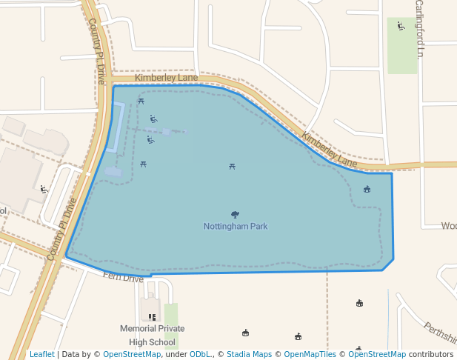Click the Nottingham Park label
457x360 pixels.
click(236, 227)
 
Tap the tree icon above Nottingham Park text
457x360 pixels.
click(236, 215)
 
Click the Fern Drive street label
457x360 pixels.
click(124, 278)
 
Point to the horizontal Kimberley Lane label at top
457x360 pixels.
click(166, 78)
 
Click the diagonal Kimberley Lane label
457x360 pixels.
click(330, 149)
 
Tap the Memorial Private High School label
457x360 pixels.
click(152, 335)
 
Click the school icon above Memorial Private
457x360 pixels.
click(151, 317)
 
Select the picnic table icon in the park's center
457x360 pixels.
click(233, 167)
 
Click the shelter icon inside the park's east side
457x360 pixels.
click(367, 190)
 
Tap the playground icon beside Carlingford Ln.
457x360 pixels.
click(401, 27)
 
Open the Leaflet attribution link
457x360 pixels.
click(41, 354)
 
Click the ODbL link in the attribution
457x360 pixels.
click(199, 354)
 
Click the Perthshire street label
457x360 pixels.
click(440, 333)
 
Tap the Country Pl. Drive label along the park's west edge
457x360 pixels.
click(61, 229)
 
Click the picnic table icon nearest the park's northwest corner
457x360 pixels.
click(141, 101)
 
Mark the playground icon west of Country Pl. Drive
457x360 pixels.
click(44, 189)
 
